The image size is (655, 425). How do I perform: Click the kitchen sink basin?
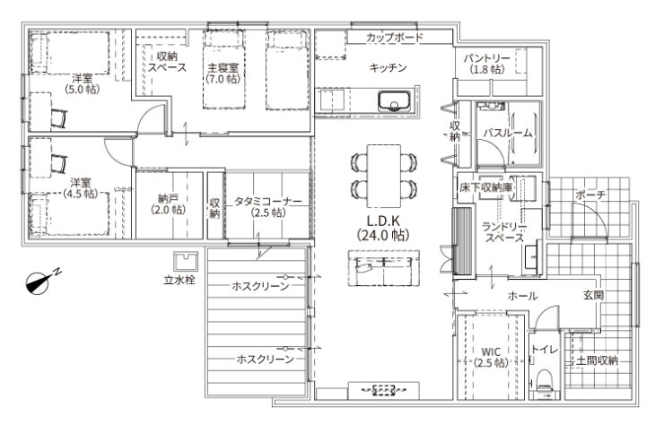tap(395, 101)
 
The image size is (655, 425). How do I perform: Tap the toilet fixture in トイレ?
tap(546, 381)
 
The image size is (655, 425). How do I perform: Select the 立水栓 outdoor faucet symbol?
tap(186, 262)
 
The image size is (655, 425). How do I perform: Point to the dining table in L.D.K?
tap(383, 176)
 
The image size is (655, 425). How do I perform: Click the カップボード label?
tap(395, 38)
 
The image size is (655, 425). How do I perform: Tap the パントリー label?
tap(486, 58)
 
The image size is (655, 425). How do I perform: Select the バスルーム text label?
tap(508, 134)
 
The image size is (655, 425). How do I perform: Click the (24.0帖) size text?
tap(383, 236)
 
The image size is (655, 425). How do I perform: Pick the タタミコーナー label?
tap(267, 201)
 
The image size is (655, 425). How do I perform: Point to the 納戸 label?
tap(168, 198)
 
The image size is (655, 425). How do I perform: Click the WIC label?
tap(491, 351)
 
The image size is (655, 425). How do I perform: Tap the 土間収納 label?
tap(597, 360)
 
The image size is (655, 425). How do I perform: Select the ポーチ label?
tap(590, 195)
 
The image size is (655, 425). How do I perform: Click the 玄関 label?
tap(593, 295)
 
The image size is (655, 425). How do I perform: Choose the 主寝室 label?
tap(223, 67)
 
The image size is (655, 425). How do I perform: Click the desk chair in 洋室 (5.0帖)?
tap(58, 118)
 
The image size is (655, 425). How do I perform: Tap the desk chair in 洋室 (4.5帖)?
tap(58, 164)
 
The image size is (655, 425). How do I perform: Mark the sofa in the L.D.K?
tap(384, 267)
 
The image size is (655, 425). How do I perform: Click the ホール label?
tap(522, 296)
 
